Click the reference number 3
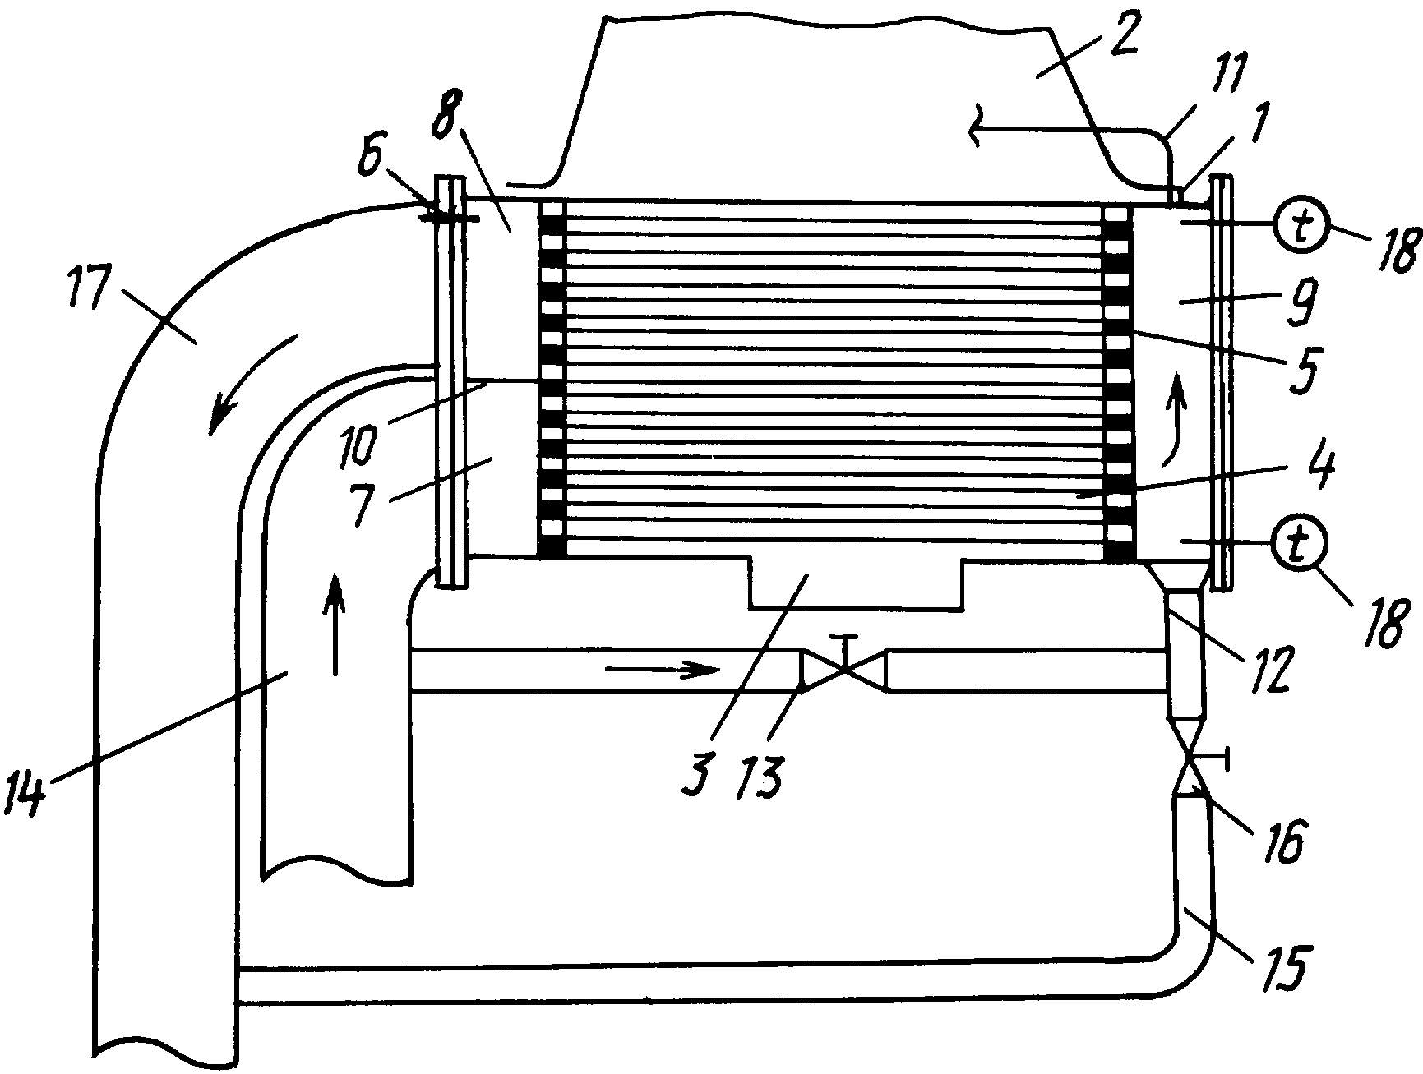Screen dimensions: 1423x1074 click(696, 770)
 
